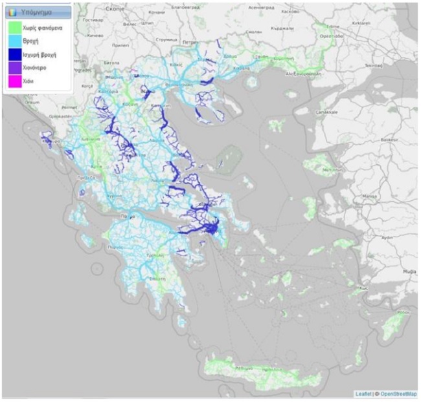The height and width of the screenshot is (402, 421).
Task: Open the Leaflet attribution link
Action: (364, 394)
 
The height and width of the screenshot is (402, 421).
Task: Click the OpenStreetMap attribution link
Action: (398, 394)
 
